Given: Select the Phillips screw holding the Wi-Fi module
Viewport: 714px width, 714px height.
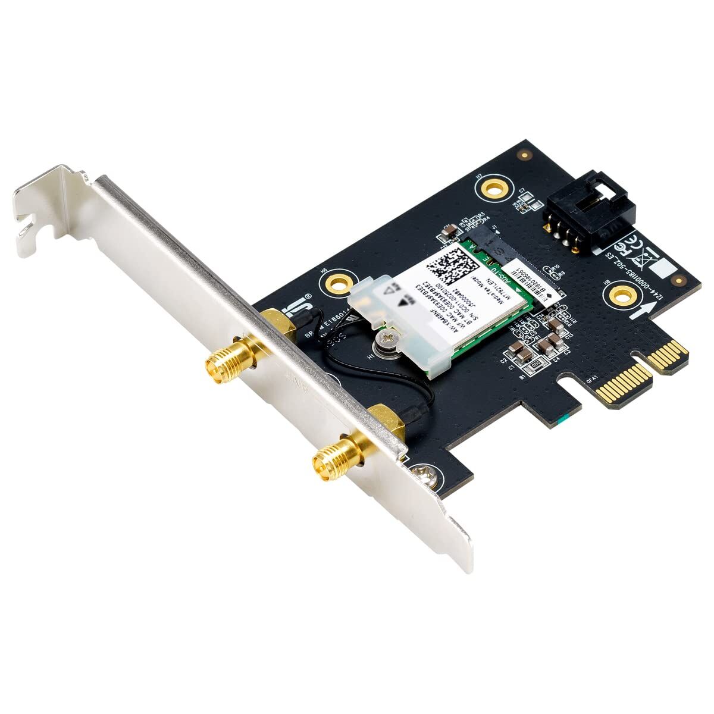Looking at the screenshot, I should point(384,340).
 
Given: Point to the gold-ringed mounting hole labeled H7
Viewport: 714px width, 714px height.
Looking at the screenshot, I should point(492,188).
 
